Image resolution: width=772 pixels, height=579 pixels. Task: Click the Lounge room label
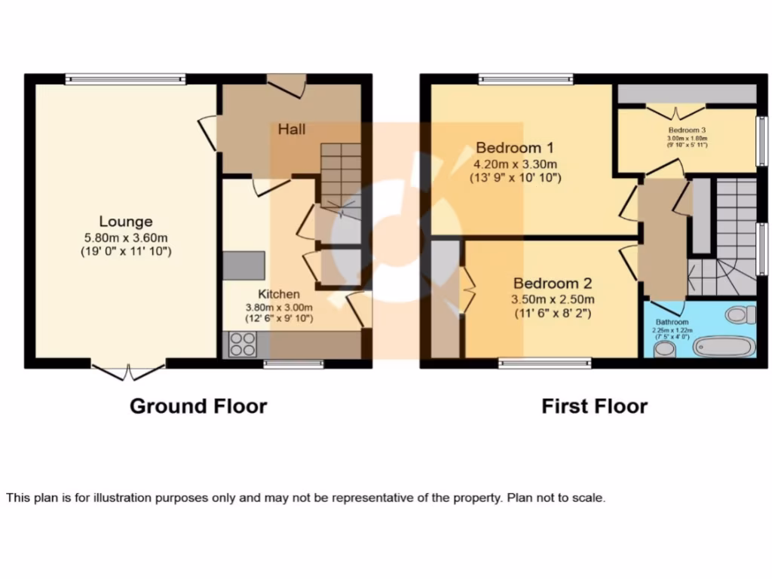tap(126, 221)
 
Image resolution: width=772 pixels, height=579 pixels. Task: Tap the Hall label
tap(291, 130)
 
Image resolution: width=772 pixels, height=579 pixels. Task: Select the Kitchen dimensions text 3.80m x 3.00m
tap(279, 307)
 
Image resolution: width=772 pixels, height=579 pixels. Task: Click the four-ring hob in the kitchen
tap(242, 345)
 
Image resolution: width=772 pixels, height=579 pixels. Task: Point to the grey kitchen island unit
tap(244, 264)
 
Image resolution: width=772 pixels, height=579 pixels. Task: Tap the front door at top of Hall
tap(287, 84)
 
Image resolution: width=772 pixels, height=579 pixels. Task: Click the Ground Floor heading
tap(198, 406)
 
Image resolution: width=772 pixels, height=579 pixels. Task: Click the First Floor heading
tap(594, 406)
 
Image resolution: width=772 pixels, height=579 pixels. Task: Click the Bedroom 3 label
tap(686, 130)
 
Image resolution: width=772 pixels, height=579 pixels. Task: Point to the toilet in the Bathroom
tap(740, 314)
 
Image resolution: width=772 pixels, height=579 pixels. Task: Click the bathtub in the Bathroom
tap(724, 348)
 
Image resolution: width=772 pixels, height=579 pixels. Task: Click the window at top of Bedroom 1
tap(525, 78)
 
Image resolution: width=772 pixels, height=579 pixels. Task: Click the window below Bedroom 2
tap(544, 363)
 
